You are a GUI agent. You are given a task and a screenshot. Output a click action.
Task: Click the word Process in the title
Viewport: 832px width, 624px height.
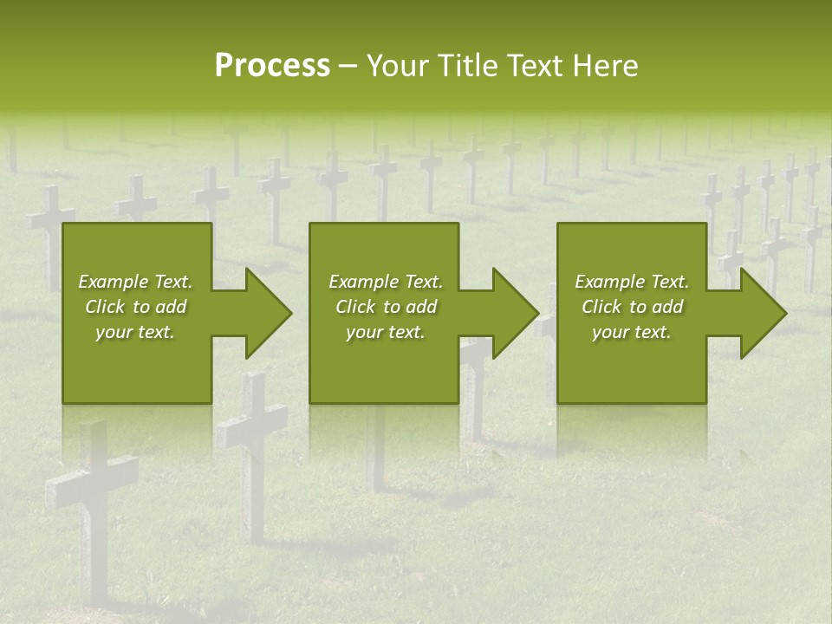tap(272, 65)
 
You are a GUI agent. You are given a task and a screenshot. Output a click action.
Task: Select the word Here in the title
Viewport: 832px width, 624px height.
tap(604, 65)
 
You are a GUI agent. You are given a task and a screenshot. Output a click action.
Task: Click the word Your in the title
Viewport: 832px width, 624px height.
tap(399, 65)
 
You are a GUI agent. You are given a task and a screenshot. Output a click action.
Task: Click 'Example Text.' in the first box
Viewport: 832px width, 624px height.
tap(135, 282)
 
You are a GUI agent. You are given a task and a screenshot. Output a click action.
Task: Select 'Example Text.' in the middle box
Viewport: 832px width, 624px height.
tap(386, 282)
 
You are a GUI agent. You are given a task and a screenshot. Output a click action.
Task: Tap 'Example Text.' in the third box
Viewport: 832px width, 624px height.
tap(632, 282)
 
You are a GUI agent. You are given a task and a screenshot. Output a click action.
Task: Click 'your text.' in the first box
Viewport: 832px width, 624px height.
tap(135, 332)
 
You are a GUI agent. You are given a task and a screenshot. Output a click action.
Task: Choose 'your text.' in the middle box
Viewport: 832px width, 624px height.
tap(386, 332)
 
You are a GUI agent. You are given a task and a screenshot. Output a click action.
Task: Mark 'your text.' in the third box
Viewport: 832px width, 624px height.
tap(632, 332)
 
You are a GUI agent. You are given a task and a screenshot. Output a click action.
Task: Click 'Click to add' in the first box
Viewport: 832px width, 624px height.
tap(135, 307)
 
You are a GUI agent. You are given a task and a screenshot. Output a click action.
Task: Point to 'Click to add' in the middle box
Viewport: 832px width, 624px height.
tap(386, 307)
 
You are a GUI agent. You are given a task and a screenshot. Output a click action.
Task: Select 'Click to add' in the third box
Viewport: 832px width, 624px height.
tap(632, 307)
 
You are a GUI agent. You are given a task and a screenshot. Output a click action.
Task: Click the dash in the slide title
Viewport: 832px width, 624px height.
tap(348, 67)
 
